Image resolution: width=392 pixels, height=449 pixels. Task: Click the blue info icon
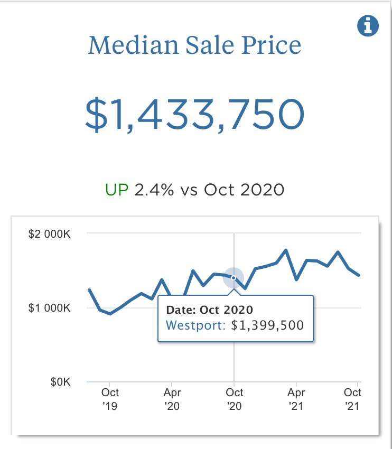[368, 25]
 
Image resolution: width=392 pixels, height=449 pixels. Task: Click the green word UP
[117, 190]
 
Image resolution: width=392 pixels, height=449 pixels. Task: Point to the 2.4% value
[154, 190]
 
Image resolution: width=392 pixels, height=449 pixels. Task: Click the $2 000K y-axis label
[49, 233]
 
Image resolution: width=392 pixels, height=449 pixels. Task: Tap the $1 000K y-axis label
[49, 307]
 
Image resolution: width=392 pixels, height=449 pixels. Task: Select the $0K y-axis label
[60, 381]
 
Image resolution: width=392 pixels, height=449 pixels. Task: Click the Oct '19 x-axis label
[110, 399]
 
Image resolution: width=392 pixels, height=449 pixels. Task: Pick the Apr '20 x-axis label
[172, 399]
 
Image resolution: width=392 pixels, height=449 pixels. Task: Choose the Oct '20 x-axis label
[235, 399]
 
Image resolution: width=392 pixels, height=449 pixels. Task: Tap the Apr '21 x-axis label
[296, 399]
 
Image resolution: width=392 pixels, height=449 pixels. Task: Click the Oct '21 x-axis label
[352, 399]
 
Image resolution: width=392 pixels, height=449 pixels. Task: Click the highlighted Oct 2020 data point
[234, 278]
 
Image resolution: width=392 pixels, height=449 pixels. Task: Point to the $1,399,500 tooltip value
[268, 325]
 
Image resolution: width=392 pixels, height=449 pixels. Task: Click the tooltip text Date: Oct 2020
[210, 310]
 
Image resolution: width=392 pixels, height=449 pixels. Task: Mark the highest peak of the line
[286, 250]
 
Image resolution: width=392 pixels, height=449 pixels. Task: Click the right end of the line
[359, 275]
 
